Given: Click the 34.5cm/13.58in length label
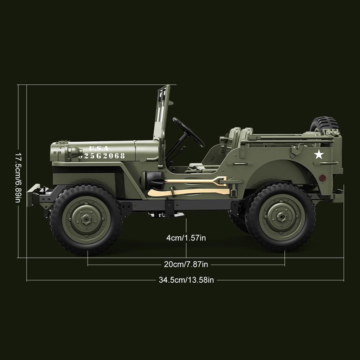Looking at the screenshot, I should pos(186,280).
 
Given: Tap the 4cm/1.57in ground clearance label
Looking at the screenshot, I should pos(186,238).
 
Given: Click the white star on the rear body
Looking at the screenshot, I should pos(319,154).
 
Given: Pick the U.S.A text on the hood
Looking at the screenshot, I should pos(99,148).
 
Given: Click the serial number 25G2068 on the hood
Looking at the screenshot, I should pos(102,156).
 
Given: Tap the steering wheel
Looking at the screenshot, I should pos(188,132).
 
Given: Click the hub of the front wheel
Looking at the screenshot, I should pos(86,220).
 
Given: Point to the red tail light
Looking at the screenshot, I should pos(322,178).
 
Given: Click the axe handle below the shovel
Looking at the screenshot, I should pos(190,192).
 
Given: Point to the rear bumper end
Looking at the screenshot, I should pos(337,196).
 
